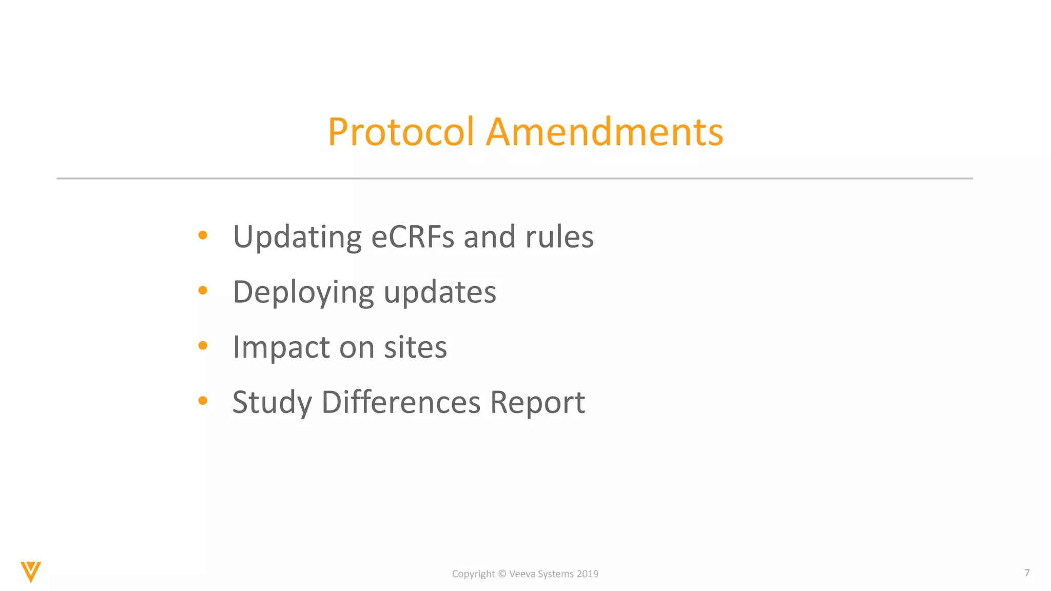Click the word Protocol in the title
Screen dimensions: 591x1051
[x=400, y=132]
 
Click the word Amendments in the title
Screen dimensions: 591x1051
[x=605, y=132]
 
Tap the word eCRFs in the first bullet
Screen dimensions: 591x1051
[x=413, y=237]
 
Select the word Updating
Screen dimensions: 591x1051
[x=297, y=238]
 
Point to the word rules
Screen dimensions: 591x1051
[x=559, y=237]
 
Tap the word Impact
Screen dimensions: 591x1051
[x=281, y=348]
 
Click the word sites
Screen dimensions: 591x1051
[x=415, y=347]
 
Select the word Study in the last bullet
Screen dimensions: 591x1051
[x=272, y=403]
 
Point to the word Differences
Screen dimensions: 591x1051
[x=401, y=402]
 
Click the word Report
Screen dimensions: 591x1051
[x=537, y=403]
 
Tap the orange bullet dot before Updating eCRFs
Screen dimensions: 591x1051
[x=203, y=235]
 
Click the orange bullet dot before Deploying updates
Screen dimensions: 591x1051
[x=203, y=290]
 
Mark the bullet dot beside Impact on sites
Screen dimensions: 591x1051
[x=203, y=346]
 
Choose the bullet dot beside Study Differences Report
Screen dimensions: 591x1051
[x=203, y=401]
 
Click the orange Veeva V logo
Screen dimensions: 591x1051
[x=31, y=572]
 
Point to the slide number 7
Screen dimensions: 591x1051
[x=1027, y=573]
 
